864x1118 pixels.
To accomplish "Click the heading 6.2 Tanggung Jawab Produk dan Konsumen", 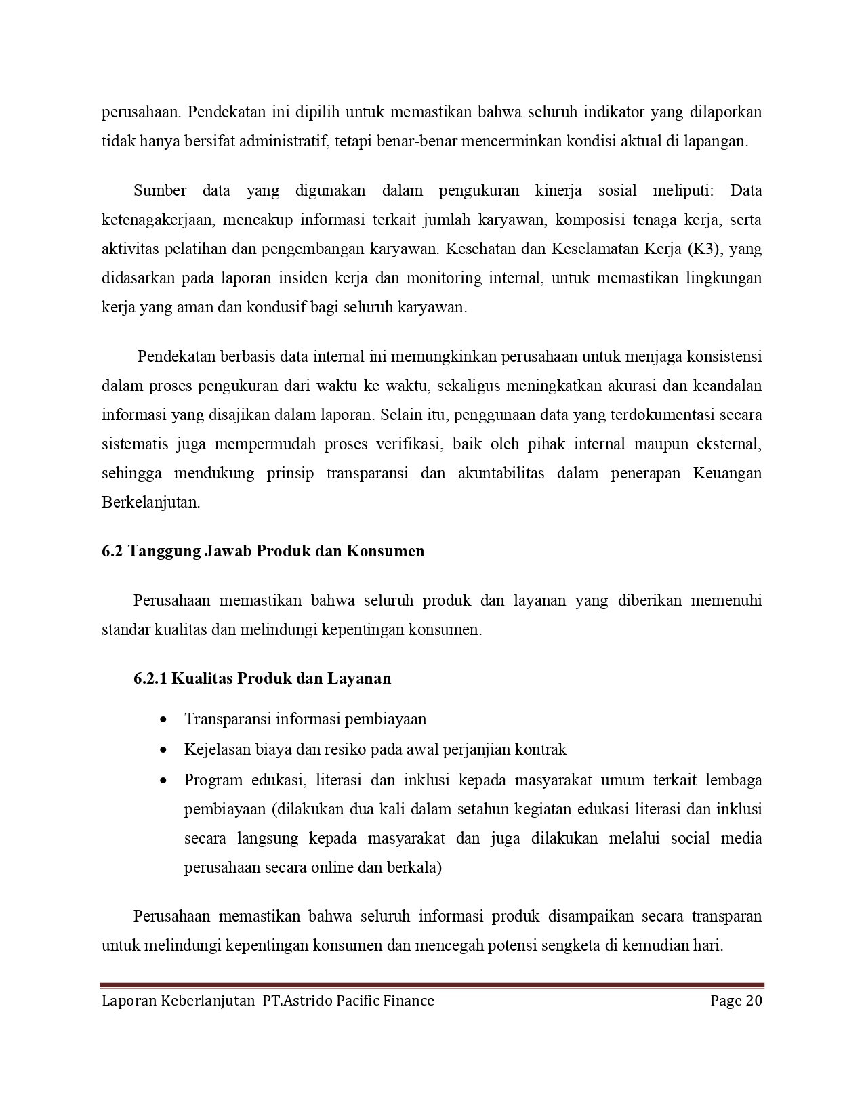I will click(x=263, y=551).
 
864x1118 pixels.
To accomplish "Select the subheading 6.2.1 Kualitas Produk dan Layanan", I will click(x=262, y=678).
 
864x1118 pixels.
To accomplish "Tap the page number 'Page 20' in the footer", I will click(x=736, y=1001).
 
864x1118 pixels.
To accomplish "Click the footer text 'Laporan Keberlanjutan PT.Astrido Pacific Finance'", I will click(x=268, y=1001).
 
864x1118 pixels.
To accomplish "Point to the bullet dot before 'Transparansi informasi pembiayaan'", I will click(x=163, y=720).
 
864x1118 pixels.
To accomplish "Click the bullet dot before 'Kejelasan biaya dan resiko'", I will click(x=163, y=750).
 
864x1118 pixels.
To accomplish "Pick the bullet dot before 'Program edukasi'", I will click(x=163, y=780).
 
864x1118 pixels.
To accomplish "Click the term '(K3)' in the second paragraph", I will click(x=705, y=249).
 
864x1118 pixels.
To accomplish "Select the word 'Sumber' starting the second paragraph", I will click(x=160, y=190).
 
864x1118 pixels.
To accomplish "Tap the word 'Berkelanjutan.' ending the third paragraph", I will click(x=151, y=503).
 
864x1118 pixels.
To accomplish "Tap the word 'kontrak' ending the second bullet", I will click(x=541, y=749).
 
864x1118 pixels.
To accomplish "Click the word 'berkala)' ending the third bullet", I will click(x=413, y=867).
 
